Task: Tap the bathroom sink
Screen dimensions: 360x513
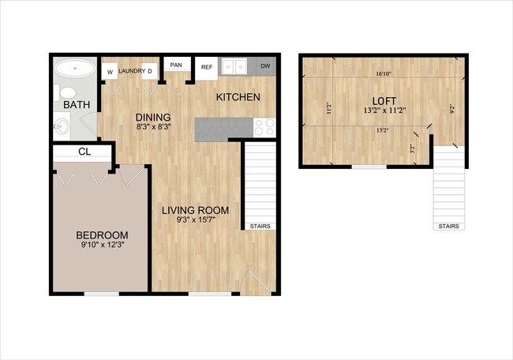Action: click(x=62, y=125)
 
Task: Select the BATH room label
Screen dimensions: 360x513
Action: click(x=76, y=105)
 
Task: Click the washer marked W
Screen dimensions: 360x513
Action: click(x=110, y=72)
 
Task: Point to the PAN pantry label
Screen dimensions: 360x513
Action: click(x=176, y=65)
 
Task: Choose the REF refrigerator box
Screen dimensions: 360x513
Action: click(x=207, y=67)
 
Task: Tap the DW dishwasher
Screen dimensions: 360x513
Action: click(x=265, y=66)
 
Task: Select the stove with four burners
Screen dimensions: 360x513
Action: click(x=264, y=126)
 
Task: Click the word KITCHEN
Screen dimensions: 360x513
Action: click(x=238, y=97)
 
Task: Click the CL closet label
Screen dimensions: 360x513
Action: click(x=84, y=152)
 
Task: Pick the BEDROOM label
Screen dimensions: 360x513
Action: click(x=102, y=234)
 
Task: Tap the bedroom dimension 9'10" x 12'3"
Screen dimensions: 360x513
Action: click(x=102, y=246)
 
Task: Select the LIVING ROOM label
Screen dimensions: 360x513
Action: click(x=196, y=210)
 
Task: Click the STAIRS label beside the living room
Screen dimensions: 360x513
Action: click(x=260, y=227)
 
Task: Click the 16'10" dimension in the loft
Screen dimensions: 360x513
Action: click(x=384, y=75)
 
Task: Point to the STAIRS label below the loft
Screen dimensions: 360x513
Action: click(x=448, y=227)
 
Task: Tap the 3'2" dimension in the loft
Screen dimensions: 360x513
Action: click(x=412, y=146)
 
